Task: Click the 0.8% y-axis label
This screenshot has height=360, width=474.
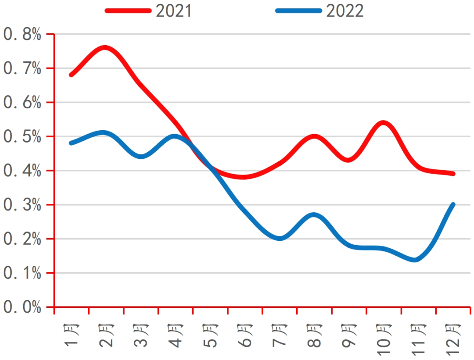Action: click(x=22, y=34)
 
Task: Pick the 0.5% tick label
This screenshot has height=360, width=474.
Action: click(x=22, y=137)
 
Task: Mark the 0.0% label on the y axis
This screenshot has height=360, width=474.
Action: click(x=22, y=307)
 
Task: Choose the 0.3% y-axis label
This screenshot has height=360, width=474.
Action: click(x=22, y=205)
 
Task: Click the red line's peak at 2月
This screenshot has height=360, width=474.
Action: click(x=105, y=47)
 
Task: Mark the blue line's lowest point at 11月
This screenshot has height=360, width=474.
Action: click(x=415, y=260)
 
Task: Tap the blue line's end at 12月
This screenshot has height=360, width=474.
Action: click(x=452, y=204)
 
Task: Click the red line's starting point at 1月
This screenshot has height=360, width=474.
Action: click(x=71, y=75)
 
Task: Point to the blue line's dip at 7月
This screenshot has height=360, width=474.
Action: click(x=280, y=239)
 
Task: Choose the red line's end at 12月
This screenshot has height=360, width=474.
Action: click(x=452, y=174)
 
